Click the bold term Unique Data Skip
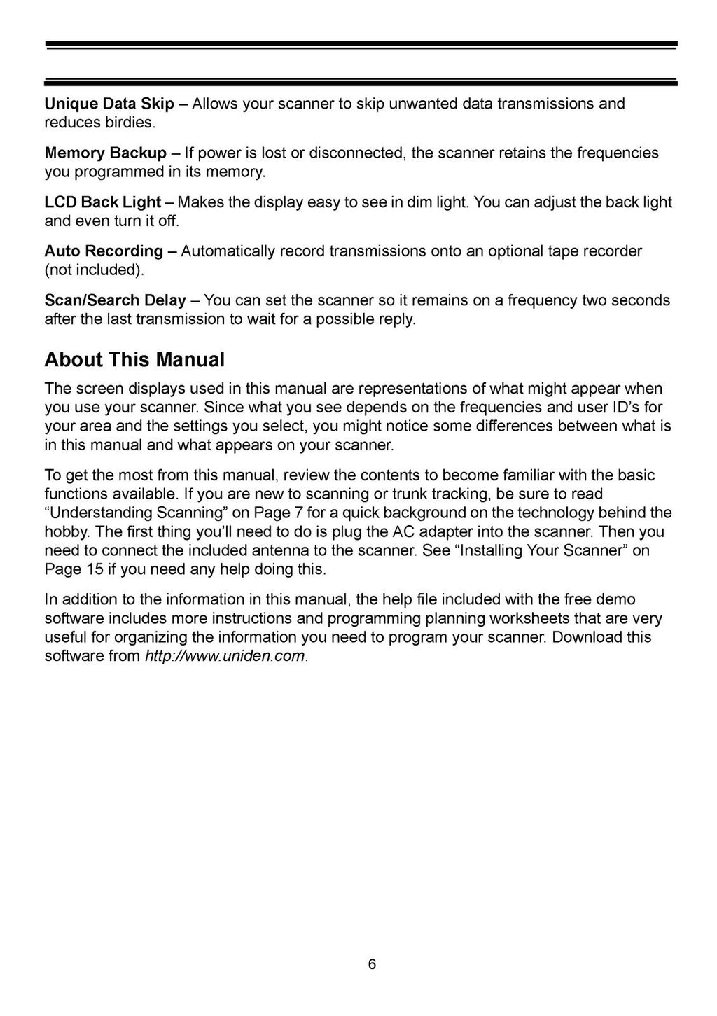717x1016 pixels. [109, 104]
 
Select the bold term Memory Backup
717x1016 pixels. [106, 153]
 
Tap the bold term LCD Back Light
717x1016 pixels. [102, 202]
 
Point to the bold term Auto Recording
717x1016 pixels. [104, 251]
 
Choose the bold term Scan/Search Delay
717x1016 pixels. [115, 300]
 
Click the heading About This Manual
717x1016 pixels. [134, 359]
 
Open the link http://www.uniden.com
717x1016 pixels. [225, 656]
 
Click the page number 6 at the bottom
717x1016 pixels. [372, 964]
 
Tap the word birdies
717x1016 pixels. [128, 123]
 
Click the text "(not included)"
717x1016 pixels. [90, 270]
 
